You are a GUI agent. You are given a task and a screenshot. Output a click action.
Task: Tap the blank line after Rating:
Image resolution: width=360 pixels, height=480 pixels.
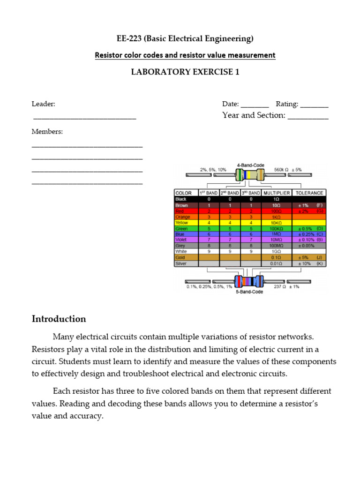click(314, 105)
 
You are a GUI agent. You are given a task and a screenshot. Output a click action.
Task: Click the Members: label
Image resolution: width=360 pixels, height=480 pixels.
click(47, 132)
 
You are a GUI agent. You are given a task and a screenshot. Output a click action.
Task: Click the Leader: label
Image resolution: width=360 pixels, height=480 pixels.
click(43, 104)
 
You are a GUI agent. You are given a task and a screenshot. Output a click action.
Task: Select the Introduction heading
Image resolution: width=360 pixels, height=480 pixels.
click(59, 319)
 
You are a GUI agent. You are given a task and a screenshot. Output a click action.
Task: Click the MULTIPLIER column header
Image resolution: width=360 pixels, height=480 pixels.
click(276, 193)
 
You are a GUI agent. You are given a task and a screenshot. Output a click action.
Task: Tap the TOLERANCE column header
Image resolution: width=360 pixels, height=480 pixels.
click(309, 193)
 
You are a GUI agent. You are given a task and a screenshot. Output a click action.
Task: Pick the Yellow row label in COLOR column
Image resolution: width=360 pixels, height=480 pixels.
click(182, 223)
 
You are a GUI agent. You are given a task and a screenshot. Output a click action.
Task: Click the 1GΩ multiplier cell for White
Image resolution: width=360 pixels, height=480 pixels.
click(276, 251)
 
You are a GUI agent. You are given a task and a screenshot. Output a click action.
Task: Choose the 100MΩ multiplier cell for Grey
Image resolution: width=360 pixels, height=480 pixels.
click(276, 246)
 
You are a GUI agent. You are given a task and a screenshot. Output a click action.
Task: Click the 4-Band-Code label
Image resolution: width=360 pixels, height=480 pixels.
click(250, 165)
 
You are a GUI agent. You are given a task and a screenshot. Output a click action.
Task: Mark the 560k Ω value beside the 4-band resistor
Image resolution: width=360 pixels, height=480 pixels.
click(281, 169)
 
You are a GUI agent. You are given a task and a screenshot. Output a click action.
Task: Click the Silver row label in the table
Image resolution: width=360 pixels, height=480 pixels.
click(181, 263)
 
